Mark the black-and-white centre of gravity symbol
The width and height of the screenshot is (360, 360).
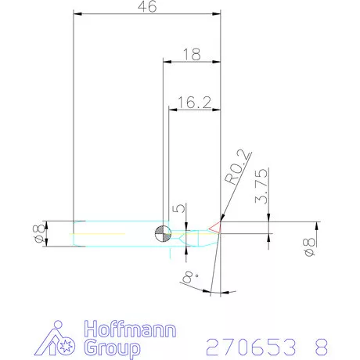pos(163,232)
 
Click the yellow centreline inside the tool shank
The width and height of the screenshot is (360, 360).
pos(102,233)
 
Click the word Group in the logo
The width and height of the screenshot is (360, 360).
pos(111,347)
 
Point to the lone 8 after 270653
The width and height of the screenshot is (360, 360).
pos(321,346)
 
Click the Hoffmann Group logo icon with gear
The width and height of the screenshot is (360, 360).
pos(56,337)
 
